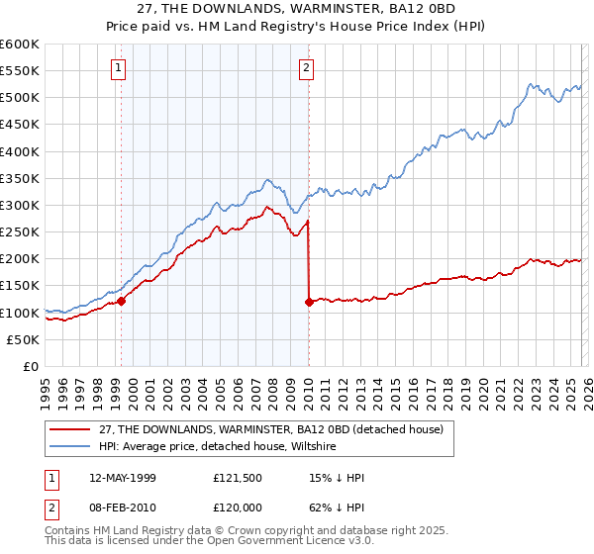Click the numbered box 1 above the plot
(x=118, y=68)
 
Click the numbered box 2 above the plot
(x=306, y=68)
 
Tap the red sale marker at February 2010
(x=309, y=302)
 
